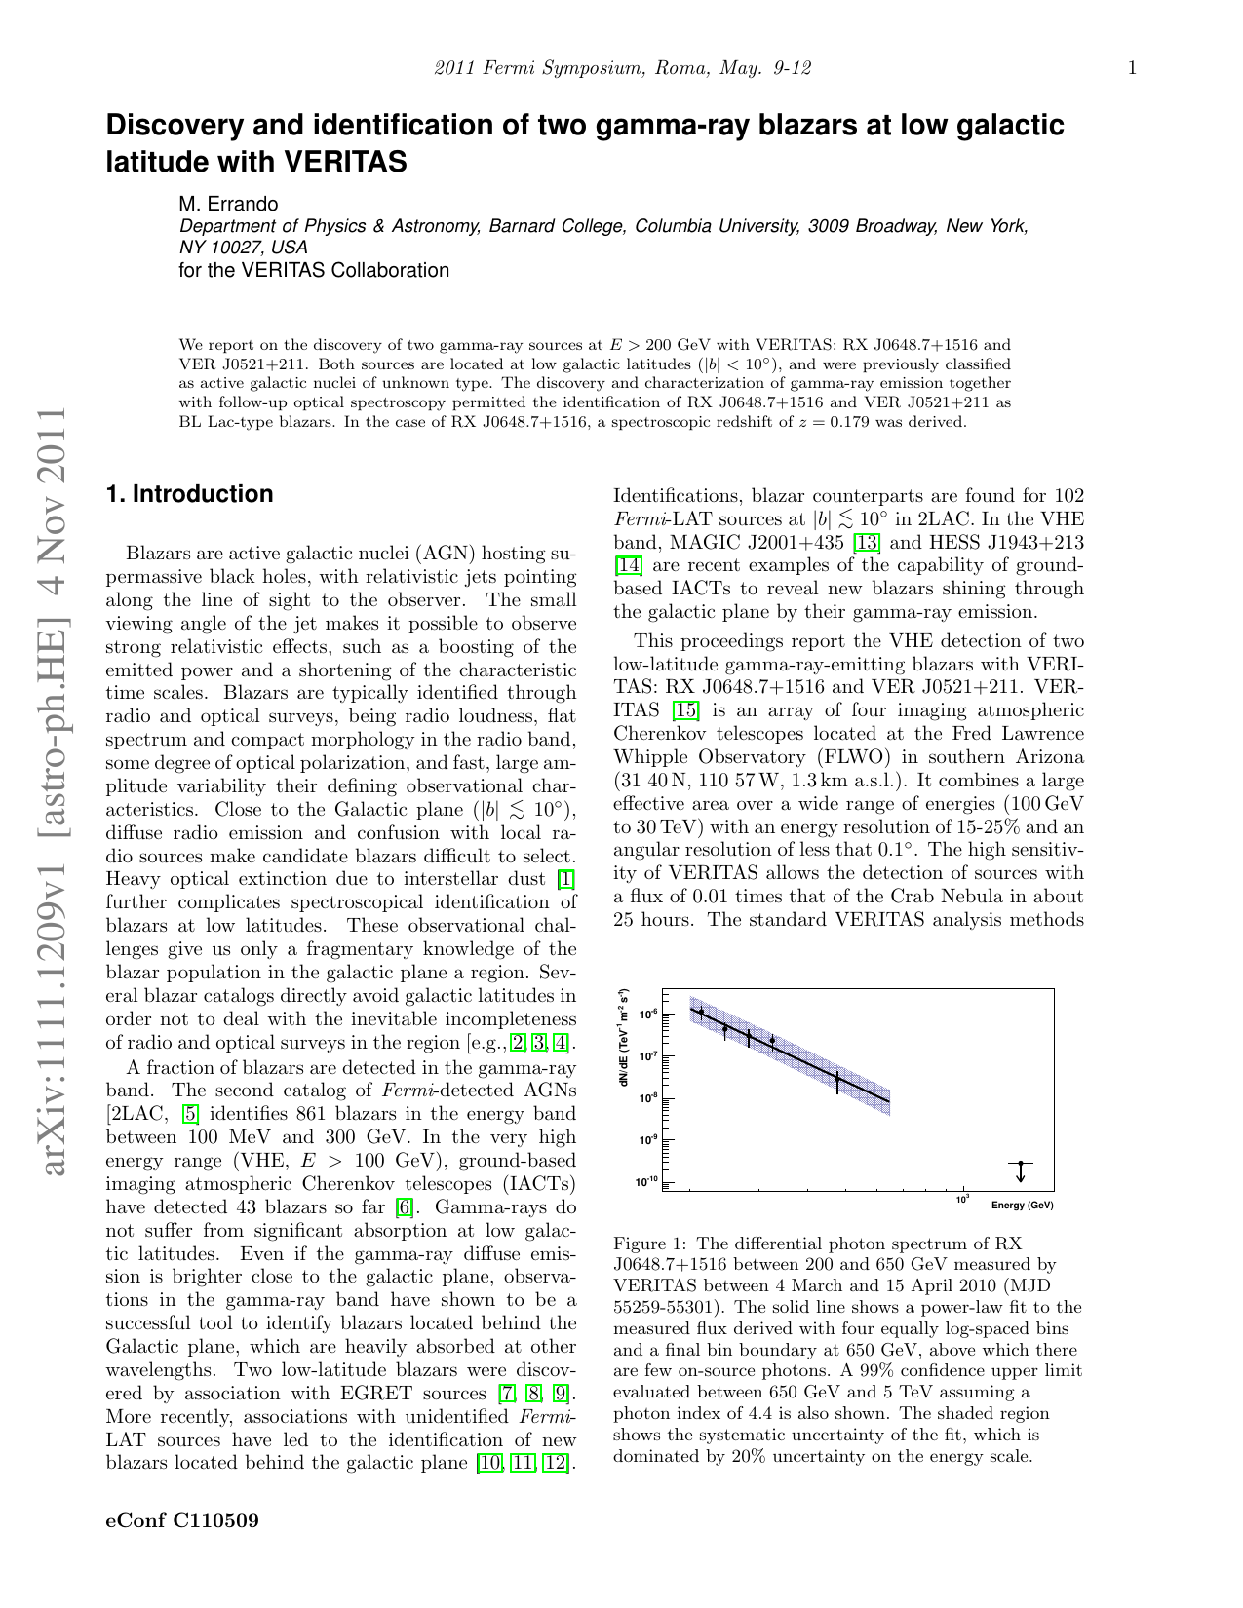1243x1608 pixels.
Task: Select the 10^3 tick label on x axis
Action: click(x=962, y=1200)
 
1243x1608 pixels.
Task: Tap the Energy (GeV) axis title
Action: click(x=1022, y=1206)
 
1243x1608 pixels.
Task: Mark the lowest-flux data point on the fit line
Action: click(x=836, y=1079)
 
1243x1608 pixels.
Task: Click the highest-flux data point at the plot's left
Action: click(x=701, y=1013)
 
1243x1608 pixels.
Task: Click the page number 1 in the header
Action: click(x=1132, y=68)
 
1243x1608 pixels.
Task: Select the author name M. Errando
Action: click(x=228, y=204)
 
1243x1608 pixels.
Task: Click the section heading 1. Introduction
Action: click(x=189, y=494)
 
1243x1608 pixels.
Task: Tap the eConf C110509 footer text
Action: click(x=182, y=1520)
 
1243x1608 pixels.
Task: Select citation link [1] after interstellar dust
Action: click(x=565, y=879)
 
